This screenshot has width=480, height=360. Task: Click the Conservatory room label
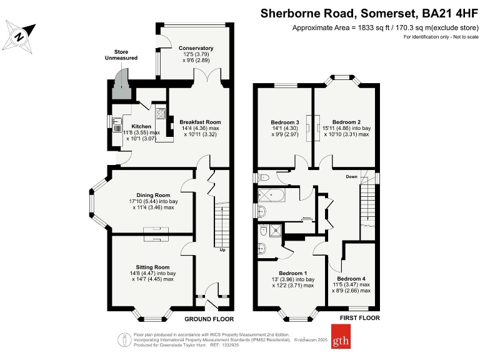pyautogui.click(x=196, y=48)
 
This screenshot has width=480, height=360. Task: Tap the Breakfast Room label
pyautogui.click(x=200, y=122)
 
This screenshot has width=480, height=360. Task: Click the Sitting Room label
pyautogui.click(x=153, y=267)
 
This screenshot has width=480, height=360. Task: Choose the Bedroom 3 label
pyautogui.click(x=285, y=122)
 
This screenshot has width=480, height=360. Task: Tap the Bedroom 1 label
pyautogui.click(x=292, y=273)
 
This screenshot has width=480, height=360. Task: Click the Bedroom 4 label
pyautogui.click(x=352, y=278)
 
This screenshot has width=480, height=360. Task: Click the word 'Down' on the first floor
pyautogui.click(x=352, y=177)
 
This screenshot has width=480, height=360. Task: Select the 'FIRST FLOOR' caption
pyautogui.click(x=359, y=318)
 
